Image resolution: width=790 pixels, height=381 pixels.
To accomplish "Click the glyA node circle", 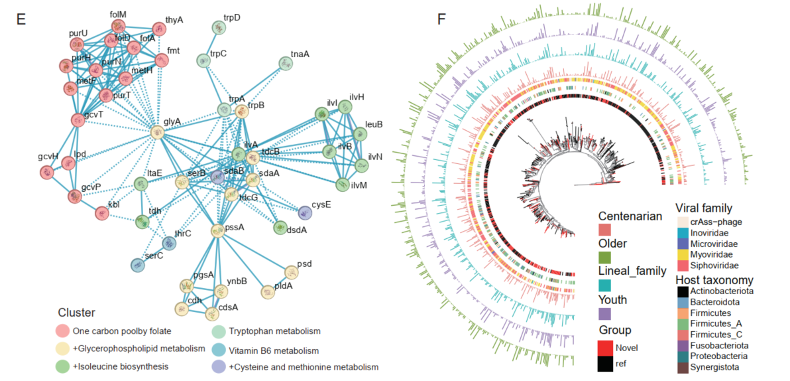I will point(157,132).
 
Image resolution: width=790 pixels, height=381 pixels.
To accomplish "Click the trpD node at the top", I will point(219,27).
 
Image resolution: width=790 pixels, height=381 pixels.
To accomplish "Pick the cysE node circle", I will point(304,212).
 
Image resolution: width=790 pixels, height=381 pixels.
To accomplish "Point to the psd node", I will point(292,273).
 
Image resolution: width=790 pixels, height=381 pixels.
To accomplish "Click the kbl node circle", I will point(101,213).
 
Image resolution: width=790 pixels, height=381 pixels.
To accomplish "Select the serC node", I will point(137,266).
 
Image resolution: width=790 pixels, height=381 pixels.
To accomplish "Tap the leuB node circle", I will point(359,134).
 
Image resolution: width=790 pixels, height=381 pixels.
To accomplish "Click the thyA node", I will point(159,29).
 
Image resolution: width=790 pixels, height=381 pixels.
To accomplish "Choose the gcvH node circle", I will point(46,172).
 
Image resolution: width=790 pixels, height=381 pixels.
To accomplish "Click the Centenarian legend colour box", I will point(604,230).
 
